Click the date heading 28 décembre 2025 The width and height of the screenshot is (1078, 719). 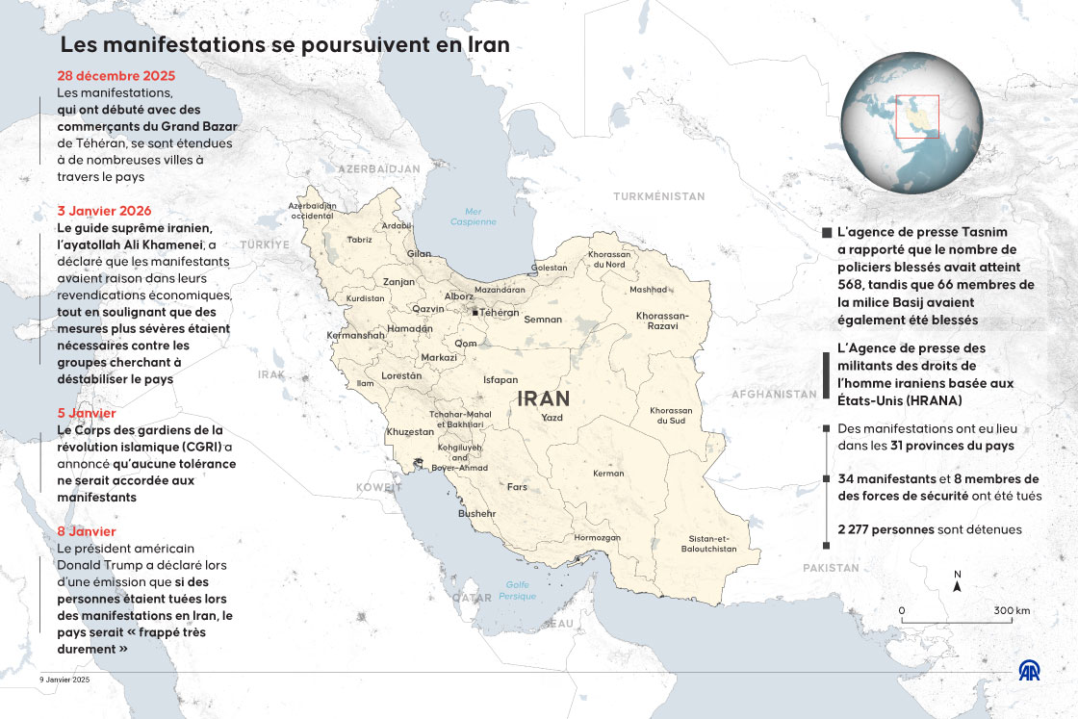pos(115,76)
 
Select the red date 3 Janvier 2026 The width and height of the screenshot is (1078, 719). pos(104,211)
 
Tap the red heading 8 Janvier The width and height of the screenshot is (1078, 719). pos(87,531)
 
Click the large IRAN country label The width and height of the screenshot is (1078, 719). pos(544,398)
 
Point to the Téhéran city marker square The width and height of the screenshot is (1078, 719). pos(475,313)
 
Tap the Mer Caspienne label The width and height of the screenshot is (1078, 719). pos(473,217)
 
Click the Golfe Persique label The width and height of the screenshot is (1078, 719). pos(518,590)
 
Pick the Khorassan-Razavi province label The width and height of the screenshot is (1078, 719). pos(662,321)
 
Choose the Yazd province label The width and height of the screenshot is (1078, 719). pos(552,418)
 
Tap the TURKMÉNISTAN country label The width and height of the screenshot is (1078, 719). pos(659,196)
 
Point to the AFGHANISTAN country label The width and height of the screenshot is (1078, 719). pos(774,394)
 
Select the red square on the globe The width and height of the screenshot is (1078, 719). pos(917,116)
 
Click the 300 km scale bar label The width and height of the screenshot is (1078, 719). pos(1013,611)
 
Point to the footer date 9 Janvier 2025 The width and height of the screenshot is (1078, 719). pos(64,680)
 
